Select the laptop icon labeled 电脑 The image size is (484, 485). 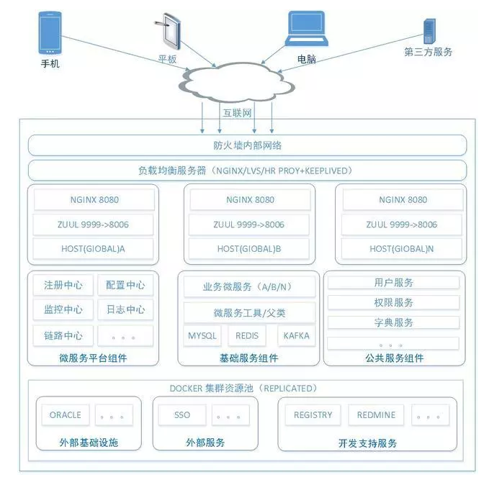coord(306,31)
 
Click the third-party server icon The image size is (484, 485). coord(430,30)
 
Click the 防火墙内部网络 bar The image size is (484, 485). coord(247,145)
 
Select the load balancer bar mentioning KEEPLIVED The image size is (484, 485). coord(247,171)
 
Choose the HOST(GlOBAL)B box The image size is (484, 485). coord(249,249)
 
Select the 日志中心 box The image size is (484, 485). coord(125,310)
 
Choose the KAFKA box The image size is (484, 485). coord(296,336)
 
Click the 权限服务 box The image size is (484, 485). coord(393,303)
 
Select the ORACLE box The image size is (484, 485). coord(65,415)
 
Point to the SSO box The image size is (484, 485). coord(182,415)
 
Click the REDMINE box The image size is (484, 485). coord(376,415)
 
